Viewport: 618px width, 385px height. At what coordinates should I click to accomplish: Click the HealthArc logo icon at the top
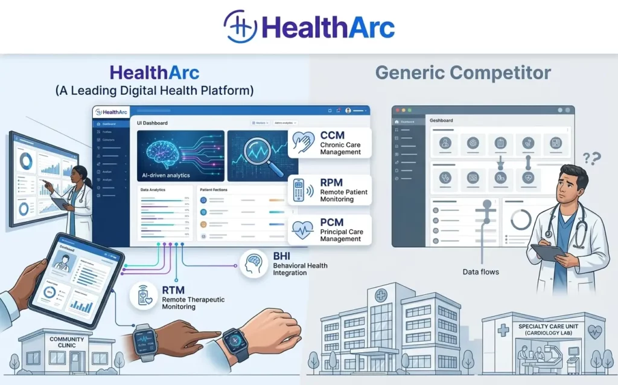click(x=240, y=27)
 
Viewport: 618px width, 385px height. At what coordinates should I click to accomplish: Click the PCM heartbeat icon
click(x=302, y=230)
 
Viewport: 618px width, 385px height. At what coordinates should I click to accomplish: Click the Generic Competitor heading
click(x=463, y=73)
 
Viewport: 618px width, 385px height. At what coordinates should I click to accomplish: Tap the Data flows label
click(x=480, y=272)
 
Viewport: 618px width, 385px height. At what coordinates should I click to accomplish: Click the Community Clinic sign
click(x=66, y=343)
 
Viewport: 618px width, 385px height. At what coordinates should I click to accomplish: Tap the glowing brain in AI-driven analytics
click(x=162, y=152)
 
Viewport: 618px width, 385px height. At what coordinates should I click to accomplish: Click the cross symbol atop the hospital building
click(x=381, y=296)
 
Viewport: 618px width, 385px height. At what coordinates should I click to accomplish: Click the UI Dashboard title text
click(x=153, y=123)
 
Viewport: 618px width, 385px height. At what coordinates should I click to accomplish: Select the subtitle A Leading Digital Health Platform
click(x=154, y=91)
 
